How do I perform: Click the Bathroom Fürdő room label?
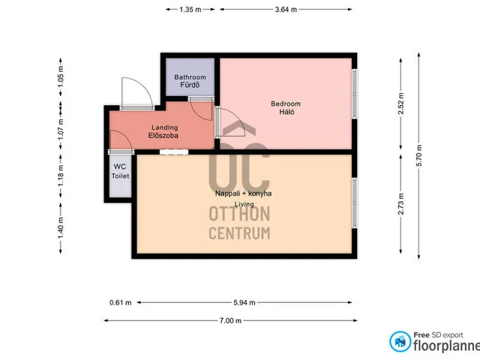[x=190, y=81]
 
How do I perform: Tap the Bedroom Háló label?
[x=286, y=108]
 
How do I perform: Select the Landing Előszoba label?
[x=163, y=131]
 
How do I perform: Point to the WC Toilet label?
[x=120, y=171]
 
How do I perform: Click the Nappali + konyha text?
[x=243, y=193]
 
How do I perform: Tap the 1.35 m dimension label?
[x=190, y=10]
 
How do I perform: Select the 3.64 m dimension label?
[x=286, y=10]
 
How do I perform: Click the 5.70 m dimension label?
[x=419, y=155]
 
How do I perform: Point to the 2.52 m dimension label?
[x=401, y=103]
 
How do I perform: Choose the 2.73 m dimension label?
[x=401, y=203]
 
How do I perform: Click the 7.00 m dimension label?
[x=230, y=320]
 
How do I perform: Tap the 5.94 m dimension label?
[x=244, y=302]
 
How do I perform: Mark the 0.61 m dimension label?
[x=120, y=302]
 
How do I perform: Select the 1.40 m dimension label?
[x=61, y=228]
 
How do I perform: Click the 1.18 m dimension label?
[x=61, y=175]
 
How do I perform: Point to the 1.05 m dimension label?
[x=61, y=76]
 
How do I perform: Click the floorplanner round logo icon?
[x=400, y=342]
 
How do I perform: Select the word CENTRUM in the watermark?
[x=239, y=233]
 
